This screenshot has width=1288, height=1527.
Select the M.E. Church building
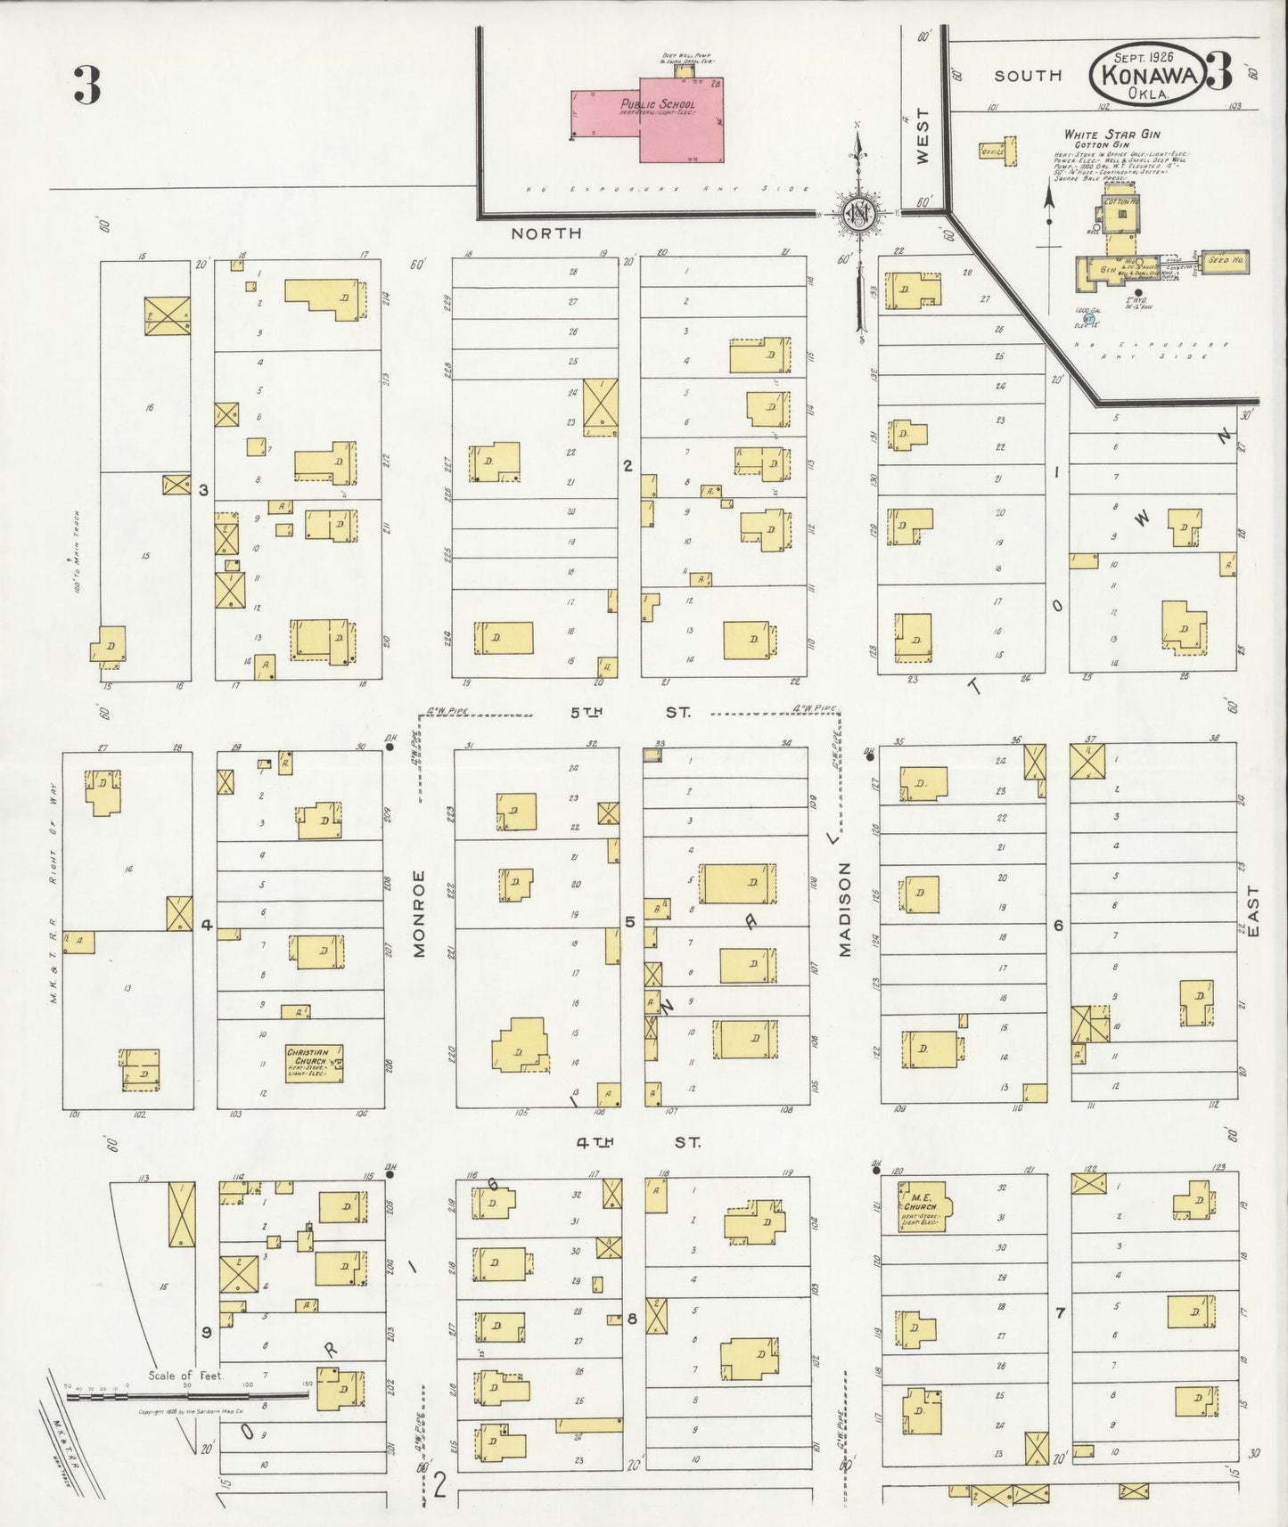pos(923,1206)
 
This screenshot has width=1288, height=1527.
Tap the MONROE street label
pos(419,913)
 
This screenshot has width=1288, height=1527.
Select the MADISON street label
pos(845,909)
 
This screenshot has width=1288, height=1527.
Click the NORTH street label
pos(546,233)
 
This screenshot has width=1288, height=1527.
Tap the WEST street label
pos(923,135)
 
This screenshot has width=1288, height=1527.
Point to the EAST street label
pos(1254,910)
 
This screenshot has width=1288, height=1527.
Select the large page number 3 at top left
pos(86,86)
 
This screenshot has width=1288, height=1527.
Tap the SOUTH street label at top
pos(1028,77)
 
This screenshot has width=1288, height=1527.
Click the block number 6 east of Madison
pos(1058,925)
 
